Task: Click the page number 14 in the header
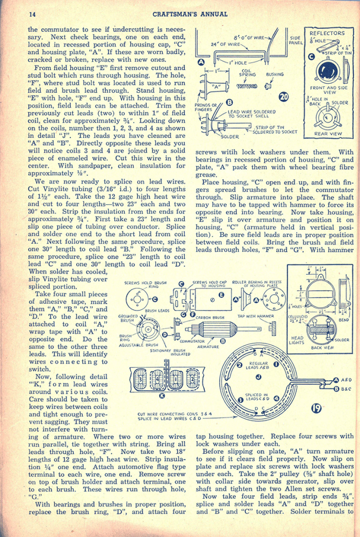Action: [32, 14]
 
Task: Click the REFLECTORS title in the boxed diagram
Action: [328, 33]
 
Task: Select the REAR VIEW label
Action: [328, 134]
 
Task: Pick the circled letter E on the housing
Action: [222, 296]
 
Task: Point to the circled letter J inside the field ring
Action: [258, 377]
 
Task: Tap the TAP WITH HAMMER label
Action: [256, 316]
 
